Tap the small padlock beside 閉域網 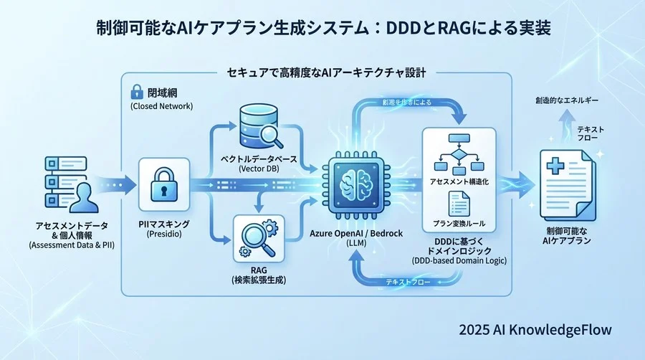click(135, 92)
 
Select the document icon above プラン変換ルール click(458, 203)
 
